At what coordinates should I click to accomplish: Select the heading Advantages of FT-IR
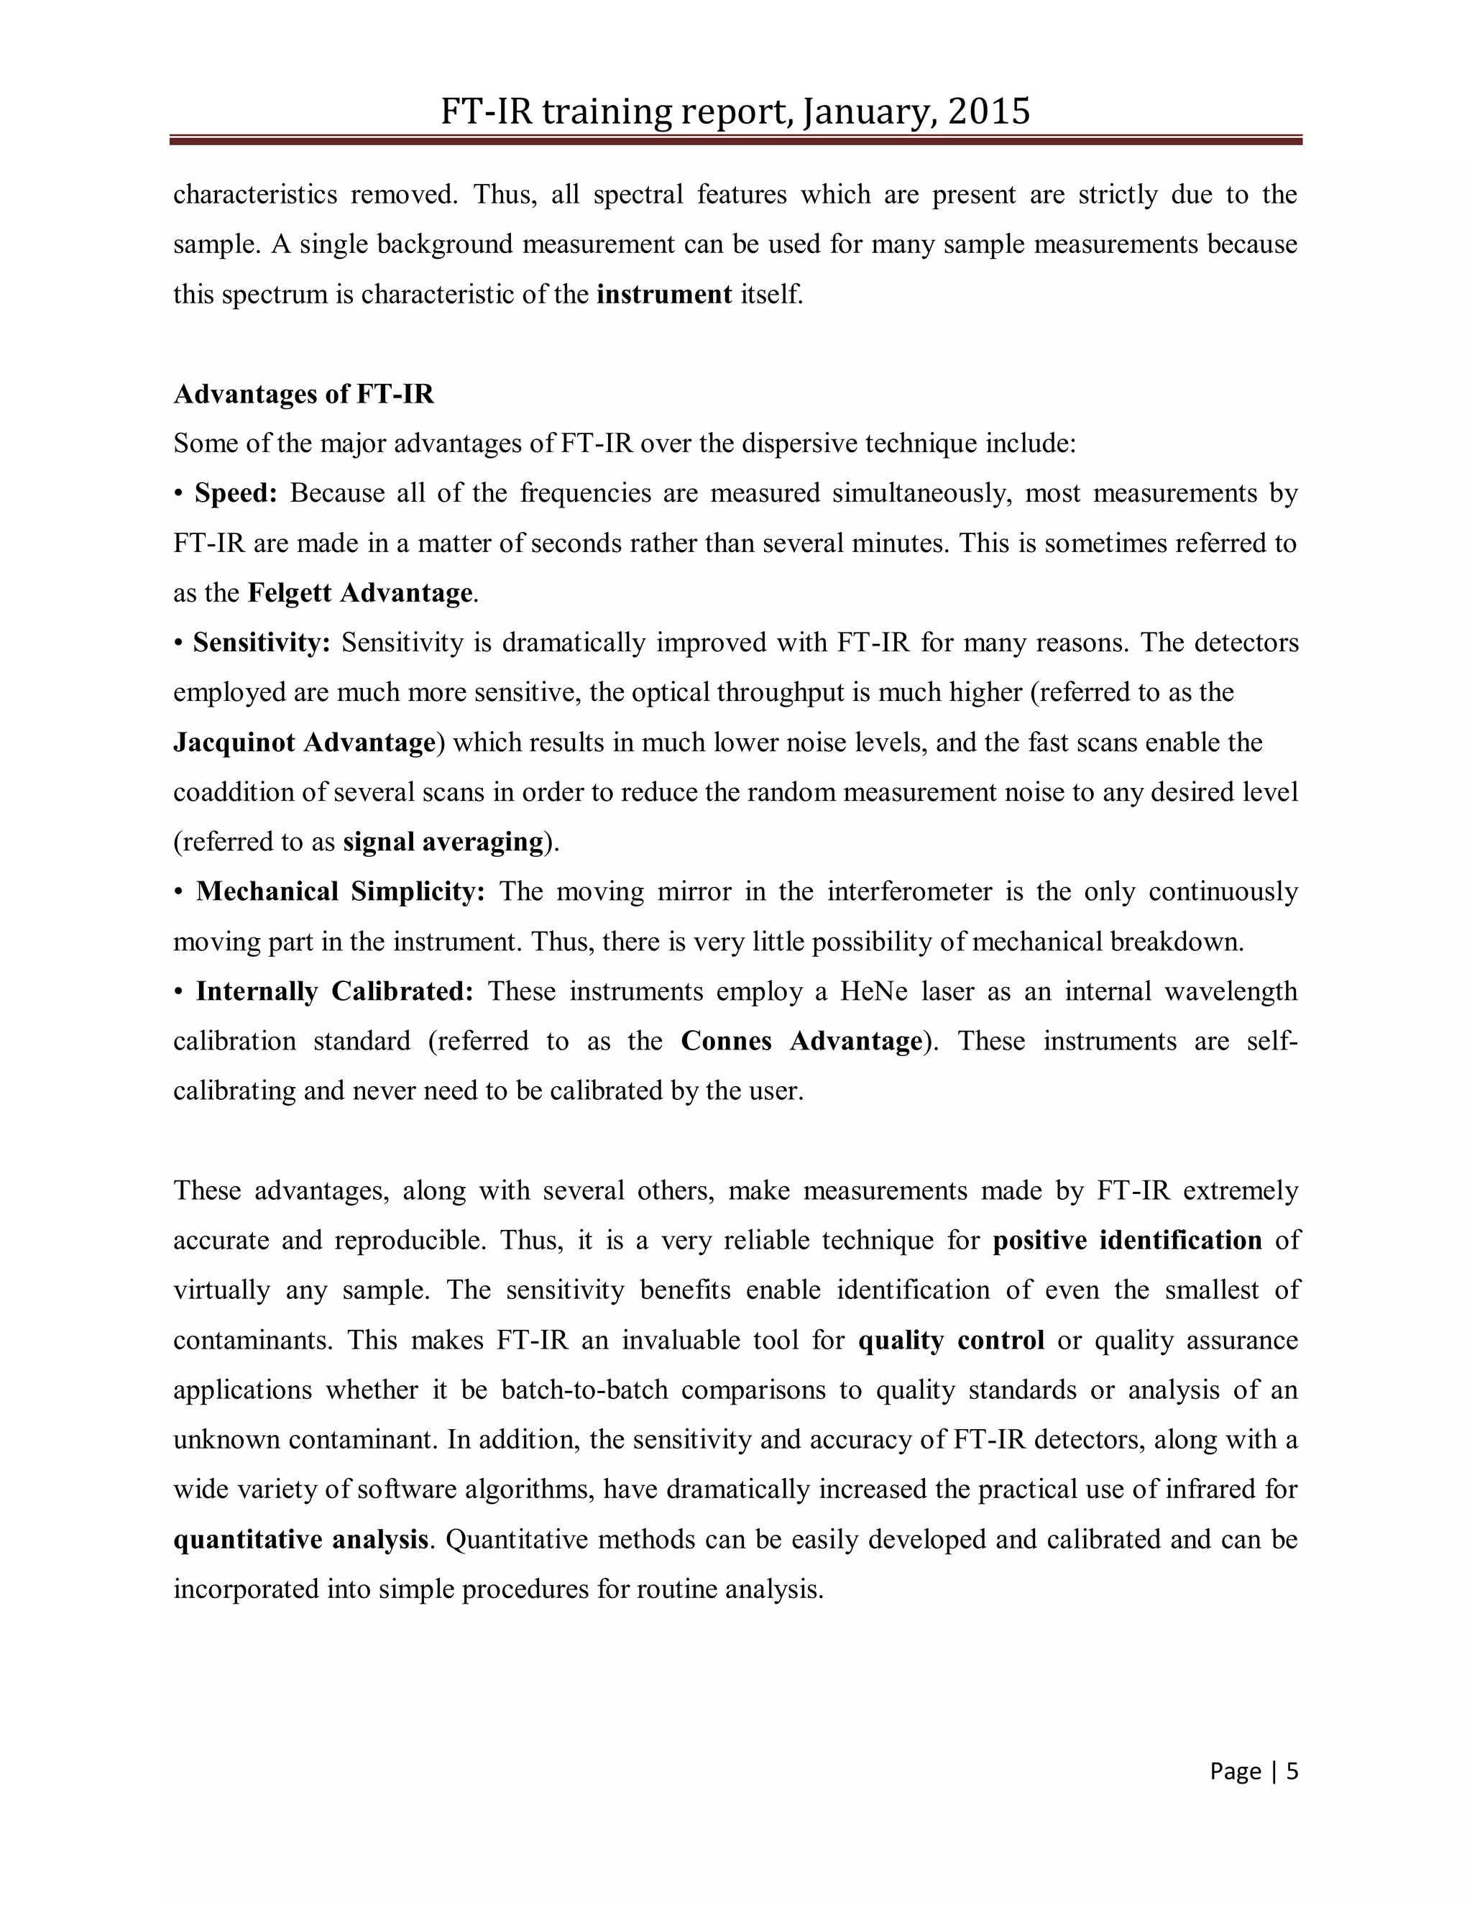click(x=303, y=394)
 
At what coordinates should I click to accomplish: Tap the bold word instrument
click(x=663, y=295)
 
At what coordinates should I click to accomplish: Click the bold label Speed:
click(x=236, y=494)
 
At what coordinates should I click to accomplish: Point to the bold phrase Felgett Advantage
click(x=360, y=593)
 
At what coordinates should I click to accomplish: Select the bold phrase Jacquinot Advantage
click(x=304, y=743)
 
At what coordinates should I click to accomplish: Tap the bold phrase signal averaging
click(x=443, y=842)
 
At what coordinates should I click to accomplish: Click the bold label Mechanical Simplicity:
click(x=340, y=891)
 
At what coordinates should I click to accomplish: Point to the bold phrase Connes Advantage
click(x=801, y=1042)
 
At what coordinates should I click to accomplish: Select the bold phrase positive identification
click(x=1127, y=1240)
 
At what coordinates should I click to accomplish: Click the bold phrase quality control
click(x=952, y=1340)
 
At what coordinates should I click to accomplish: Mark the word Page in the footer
click(x=1236, y=1771)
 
